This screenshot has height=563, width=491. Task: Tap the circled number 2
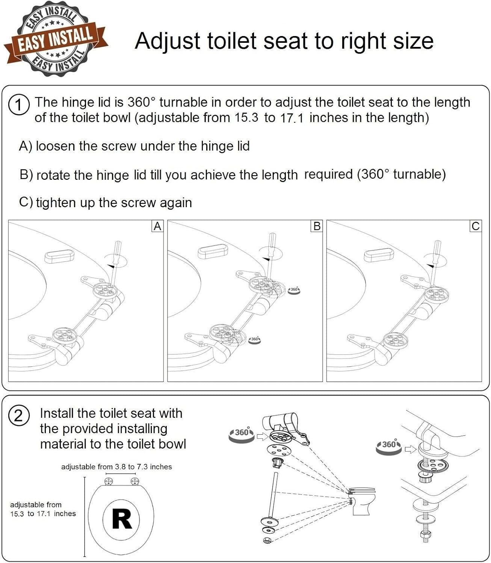18,416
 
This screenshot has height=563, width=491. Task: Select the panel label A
157,226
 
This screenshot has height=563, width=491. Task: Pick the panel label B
317,226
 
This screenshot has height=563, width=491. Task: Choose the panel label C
476,226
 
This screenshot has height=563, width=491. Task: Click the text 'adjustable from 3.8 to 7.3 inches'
116,467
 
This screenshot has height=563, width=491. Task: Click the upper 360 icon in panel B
294,290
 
